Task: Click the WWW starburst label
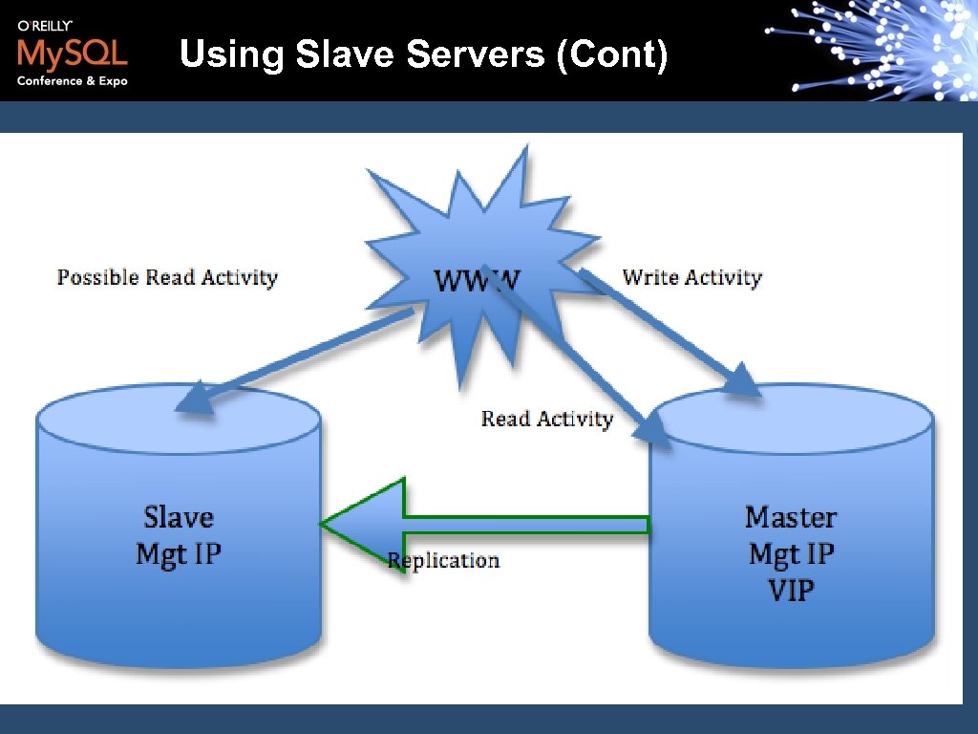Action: click(478, 280)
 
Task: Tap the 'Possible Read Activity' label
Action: click(167, 278)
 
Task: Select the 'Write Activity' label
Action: click(691, 278)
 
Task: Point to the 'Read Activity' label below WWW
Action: click(546, 419)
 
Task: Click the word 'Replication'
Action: click(444, 560)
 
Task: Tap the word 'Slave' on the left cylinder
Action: click(179, 517)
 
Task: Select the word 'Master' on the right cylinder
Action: click(790, 517)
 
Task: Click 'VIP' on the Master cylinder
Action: click(791, 590)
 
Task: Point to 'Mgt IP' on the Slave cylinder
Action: click(179, 553)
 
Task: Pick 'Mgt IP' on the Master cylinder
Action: click(791, 553)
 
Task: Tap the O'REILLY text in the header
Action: click(45, 26)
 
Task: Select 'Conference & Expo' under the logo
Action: click(72, 81)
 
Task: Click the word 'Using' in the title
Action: click(232, 54)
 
